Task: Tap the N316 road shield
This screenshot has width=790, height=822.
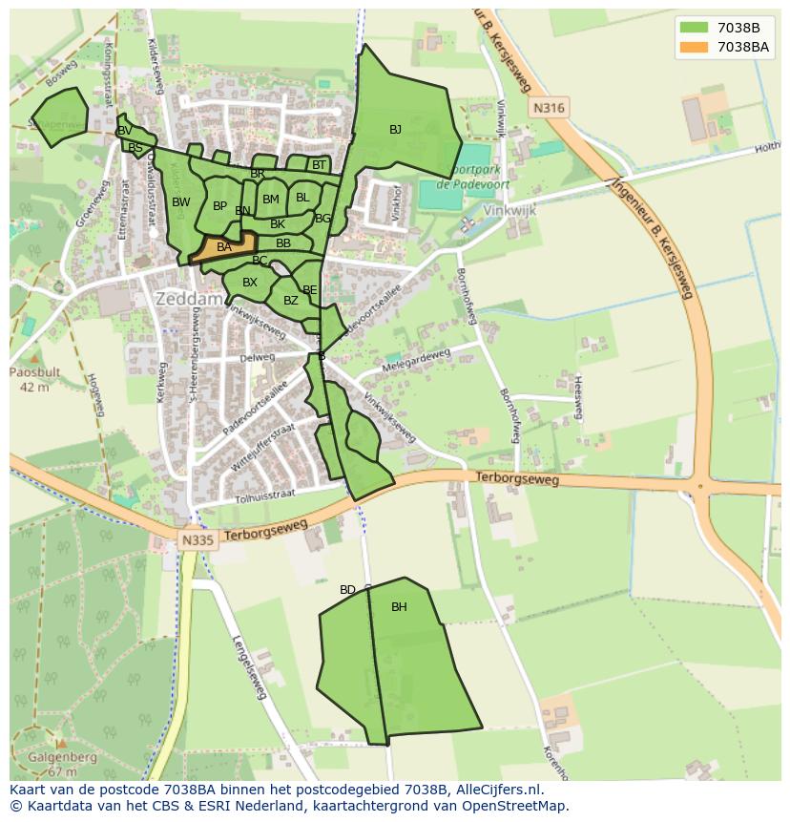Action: [549, 109]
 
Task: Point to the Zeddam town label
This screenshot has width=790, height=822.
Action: [189, 299]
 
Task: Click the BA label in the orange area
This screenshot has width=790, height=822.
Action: [224, 247]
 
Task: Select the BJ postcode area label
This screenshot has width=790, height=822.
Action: [395, 130]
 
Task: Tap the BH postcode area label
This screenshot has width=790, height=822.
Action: [399, 607]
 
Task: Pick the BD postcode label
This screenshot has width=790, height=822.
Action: [347, 590]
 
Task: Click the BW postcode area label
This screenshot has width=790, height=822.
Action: [181, 202]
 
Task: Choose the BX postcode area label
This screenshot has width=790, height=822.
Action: [250, 283]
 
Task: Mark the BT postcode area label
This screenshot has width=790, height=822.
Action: [319, 165]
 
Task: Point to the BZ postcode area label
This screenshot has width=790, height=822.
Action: [291, 302]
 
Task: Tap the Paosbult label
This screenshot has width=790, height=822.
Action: [34, 372]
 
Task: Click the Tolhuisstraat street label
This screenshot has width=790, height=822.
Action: [263, 495]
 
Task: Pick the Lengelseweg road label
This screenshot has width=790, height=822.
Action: [248, 666]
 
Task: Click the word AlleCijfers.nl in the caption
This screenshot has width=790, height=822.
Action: [497, 790]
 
